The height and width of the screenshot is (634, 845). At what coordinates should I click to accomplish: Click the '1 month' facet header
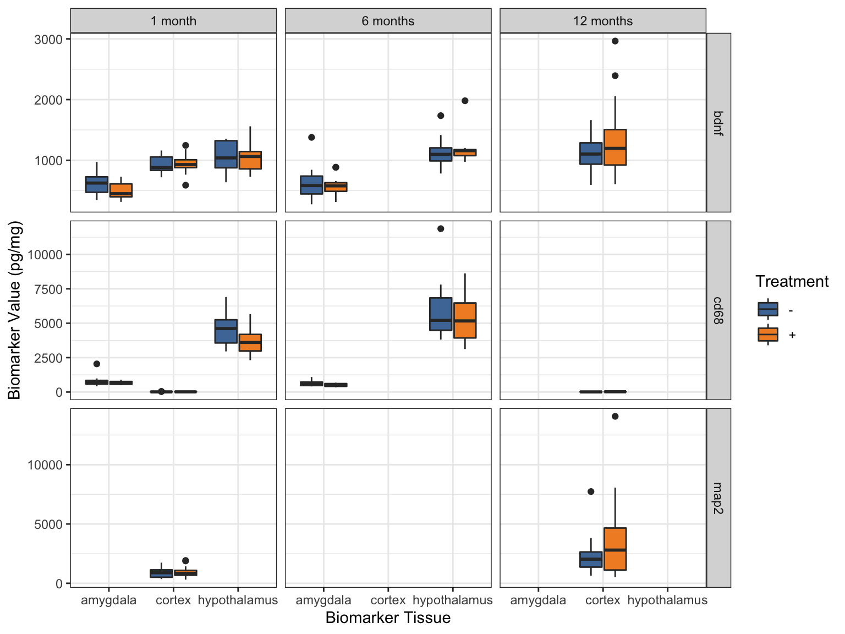(173, 21)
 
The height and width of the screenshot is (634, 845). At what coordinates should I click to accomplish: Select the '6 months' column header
(388, 21)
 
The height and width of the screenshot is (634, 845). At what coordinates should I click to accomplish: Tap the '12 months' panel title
(602, 21)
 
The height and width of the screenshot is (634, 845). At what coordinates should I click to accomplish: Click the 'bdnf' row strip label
(718, 123)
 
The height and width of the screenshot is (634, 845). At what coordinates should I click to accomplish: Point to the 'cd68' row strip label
(718, 310)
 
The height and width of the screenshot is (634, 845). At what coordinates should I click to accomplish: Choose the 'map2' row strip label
(718, 498)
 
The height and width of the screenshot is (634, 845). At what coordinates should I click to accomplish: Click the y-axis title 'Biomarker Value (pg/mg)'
(15, 310)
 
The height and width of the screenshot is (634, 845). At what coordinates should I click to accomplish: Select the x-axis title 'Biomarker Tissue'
(388, 618)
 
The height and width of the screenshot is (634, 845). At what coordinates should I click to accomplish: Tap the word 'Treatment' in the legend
(792, 282)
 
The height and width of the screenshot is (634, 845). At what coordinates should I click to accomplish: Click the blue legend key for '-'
(768, 309)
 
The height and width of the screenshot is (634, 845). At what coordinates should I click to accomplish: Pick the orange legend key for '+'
(768, 335)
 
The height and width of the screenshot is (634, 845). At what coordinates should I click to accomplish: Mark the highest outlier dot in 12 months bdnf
(615, 41)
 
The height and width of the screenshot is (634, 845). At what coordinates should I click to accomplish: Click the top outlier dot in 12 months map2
(615, 417)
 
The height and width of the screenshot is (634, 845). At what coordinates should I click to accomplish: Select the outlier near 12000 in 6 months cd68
(441, 229)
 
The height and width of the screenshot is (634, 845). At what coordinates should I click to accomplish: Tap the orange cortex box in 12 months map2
(615, 549)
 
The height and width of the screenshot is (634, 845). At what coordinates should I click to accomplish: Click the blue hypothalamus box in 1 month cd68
(226, 331)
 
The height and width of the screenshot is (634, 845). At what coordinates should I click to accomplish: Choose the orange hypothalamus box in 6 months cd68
(465, 320)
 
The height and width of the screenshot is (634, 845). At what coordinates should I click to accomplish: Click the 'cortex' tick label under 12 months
(602, 600)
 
